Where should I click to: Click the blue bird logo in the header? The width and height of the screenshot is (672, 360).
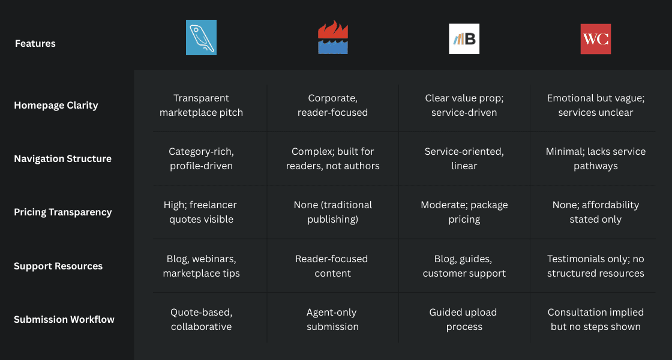click(x=201, y=37)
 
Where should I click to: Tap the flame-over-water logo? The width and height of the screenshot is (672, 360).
click(x=333, y=37)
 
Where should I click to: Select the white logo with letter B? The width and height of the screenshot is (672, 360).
click(x=464, y=39)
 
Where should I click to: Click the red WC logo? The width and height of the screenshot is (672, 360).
click(x=595, y=39)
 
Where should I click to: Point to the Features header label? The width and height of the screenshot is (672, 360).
click(x=35, y=43)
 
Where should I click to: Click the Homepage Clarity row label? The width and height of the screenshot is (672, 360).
click(x=56, y=106)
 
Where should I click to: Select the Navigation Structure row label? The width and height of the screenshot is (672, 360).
click(x=62, y=159)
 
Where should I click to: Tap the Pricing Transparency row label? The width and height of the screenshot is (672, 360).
click(x=63, y=212)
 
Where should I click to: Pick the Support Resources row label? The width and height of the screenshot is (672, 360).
click(x=58, y=266)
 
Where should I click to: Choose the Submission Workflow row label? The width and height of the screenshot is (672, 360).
click(x=64, y=319)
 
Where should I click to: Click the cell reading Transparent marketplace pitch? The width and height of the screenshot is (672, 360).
click(x=201, y=106)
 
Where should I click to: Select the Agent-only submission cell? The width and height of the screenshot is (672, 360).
click(x=332, y=319)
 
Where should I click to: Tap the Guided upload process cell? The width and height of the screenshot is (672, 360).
click(x=464, y=319)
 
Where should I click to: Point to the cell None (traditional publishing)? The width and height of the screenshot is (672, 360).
click(x=332, y=212)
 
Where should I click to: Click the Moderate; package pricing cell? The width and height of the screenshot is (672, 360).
click(x=464, y=212)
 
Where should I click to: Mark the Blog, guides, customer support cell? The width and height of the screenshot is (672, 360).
click(x=464, y=266)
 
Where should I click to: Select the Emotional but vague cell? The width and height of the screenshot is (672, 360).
click(x=595, y=106)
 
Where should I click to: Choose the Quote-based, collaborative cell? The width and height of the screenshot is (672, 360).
click(x=201, y=319)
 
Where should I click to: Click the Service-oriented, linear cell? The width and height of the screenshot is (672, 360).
click(x=464, y=159)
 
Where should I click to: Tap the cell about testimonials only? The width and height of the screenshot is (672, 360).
click(x=595, y=266)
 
